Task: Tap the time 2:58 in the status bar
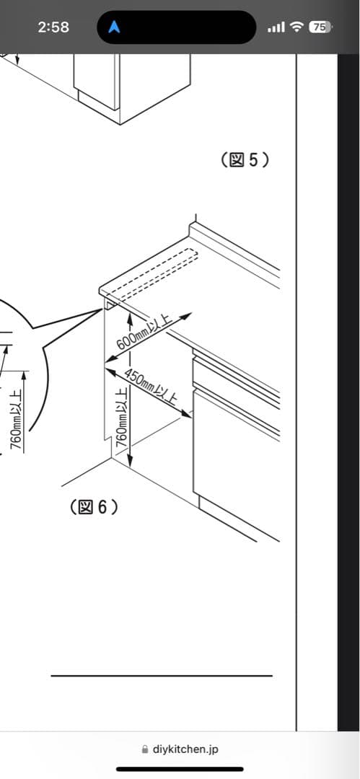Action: tap(53, 27)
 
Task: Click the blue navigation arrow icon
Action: tap(115, 27)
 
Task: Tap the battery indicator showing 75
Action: tap(320, 27)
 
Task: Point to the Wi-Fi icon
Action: tap(297, 27)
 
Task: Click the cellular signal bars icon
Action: tap(276, 27)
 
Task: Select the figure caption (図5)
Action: tap(245, 160)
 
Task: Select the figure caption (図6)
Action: tap(94, 507)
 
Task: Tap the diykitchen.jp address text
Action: tap(185, 749)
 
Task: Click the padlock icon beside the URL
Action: tap(145, 749)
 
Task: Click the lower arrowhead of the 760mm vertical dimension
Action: tap(130, 461)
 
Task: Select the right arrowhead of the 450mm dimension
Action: tap(186, 412)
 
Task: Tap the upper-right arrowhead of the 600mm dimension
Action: tap(185, 316)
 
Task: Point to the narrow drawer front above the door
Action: tap(236, 377)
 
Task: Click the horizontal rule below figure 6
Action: tap(162, 676)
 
